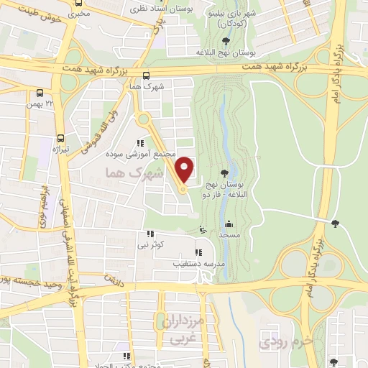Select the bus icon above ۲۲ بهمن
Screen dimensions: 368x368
(x=40, y=93)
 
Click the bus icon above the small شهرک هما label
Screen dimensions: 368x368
(x=147, y=75)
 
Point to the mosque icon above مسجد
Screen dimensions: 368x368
(x=228, y=223)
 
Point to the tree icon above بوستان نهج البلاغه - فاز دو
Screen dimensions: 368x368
(x=226, y=172)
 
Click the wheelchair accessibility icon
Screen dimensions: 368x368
(x=203, y=231)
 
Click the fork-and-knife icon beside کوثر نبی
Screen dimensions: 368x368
(x=150, y=234)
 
